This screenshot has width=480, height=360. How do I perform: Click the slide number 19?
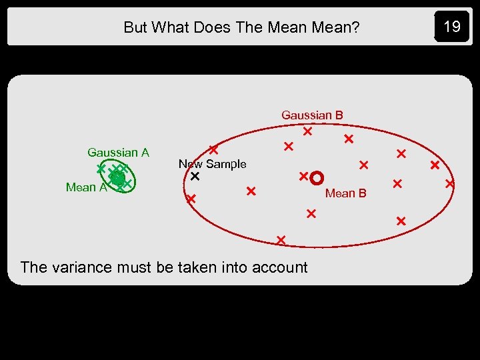click(x=452, y=27)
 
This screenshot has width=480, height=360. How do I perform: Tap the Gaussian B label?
click(x=312, y=115)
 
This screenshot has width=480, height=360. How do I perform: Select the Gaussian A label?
click(x=118, y=153)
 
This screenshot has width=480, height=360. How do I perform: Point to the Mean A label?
click(x=86, y=187)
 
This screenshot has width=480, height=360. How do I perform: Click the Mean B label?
click(x=345, y=193)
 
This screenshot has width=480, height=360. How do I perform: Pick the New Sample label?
click(x=212, y=164)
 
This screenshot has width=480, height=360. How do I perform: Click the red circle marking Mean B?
click(x=317, y=177)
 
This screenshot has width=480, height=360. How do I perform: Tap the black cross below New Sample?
click(x=195, y=177)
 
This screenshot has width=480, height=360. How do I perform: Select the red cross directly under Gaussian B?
click(x=307, y=132)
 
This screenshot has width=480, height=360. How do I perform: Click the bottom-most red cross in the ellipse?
click(x=281, y=239)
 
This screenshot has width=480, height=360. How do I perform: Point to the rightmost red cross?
click(x=450, y=182)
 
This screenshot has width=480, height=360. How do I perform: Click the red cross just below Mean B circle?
click(x=311, y=213)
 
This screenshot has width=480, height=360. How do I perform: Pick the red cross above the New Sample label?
click(x=213, y=150)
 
